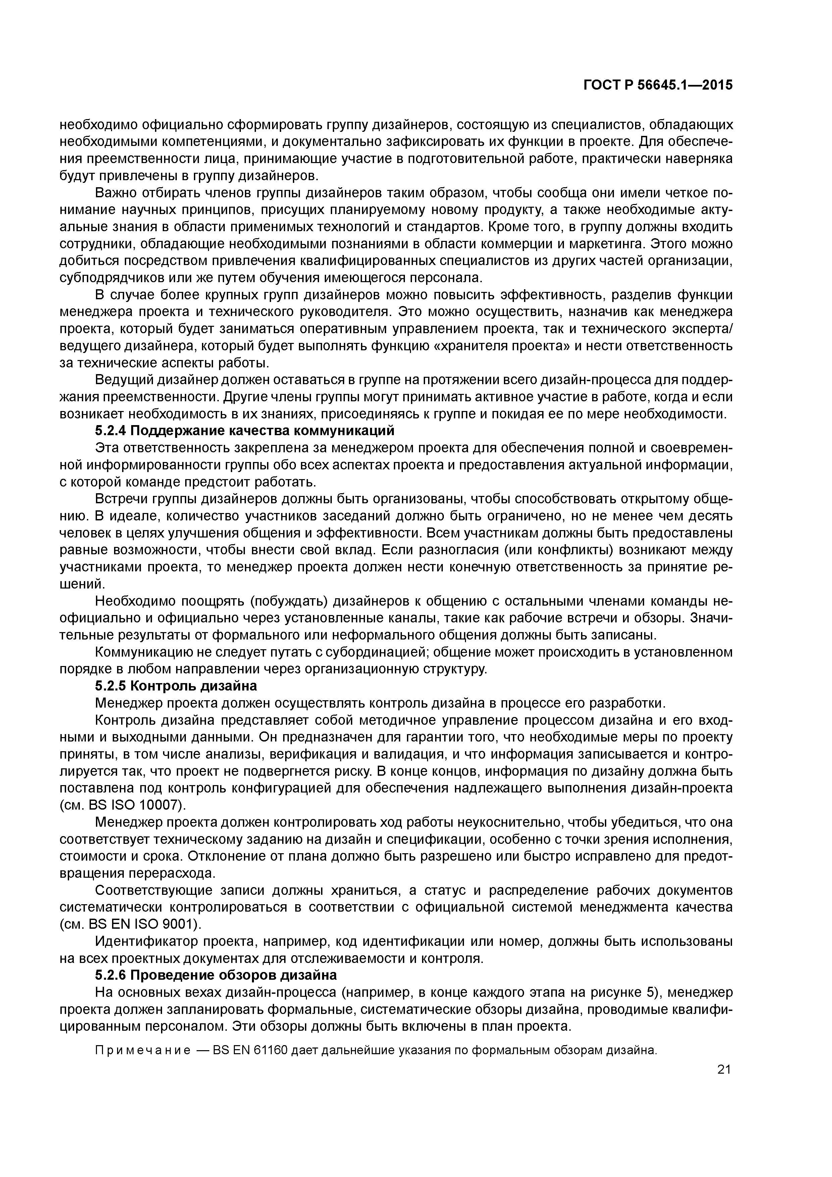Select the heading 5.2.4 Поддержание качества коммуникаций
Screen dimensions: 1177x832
[x=245, y=430]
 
